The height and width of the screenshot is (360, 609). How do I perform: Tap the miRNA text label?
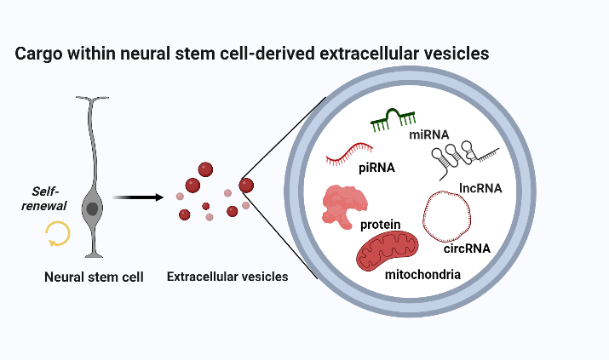pos(429,134)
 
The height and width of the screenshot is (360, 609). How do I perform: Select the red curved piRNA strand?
pos(348,153)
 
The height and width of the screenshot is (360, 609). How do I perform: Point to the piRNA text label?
pos(376,168)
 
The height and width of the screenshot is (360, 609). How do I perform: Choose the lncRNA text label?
pos(480,188)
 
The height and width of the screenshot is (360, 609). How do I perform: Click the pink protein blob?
pos(344,206)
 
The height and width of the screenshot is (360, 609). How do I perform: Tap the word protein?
pos(380,225)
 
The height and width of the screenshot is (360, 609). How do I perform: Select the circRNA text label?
pos(467,249)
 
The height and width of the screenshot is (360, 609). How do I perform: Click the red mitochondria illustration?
pos(388,250)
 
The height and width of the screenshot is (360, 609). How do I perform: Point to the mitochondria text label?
pos(422,275)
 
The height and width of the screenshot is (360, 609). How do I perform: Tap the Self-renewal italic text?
pos(44,198)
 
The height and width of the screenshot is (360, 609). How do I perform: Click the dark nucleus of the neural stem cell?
pos(92,209)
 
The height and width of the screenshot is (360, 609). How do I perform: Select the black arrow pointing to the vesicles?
pos(138,197)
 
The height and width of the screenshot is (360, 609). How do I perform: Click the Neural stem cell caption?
pos(94,277)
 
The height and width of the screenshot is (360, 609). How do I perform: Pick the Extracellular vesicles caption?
pos(227,277)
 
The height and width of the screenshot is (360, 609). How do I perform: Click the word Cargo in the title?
pos(38,54)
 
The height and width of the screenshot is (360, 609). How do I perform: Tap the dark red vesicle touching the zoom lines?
pos(246,186)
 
